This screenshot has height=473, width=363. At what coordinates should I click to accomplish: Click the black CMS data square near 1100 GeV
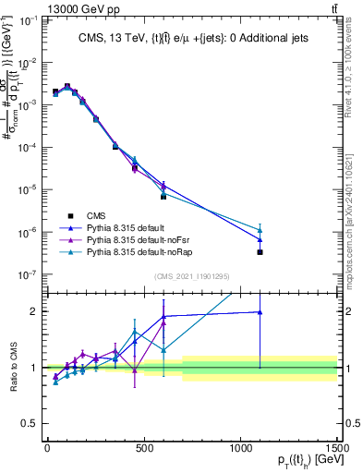coord(260,252)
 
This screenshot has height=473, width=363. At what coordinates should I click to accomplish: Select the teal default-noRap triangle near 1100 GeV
coord(260,230)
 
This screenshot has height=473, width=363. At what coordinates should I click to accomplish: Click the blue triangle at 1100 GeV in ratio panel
coord(260,312)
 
